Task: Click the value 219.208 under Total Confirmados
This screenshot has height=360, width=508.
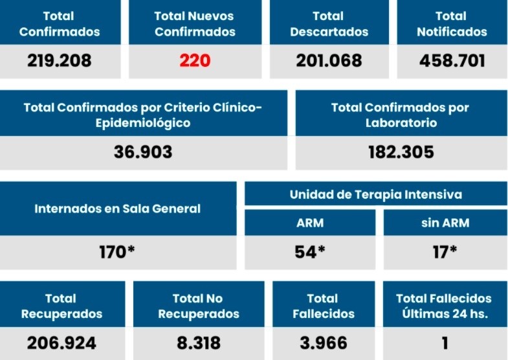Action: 60,61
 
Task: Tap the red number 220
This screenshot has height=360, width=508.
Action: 195,61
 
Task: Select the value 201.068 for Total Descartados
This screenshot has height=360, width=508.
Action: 329,61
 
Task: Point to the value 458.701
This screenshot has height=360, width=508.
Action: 452,61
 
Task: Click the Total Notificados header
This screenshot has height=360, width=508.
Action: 452,23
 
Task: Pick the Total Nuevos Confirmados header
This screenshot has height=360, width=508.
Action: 195,23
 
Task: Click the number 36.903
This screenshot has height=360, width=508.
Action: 143,152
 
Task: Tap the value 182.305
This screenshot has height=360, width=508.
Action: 401,152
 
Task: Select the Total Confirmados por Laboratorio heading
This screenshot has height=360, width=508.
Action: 401,115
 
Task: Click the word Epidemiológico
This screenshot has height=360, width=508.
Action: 143,122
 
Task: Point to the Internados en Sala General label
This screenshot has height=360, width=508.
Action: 117,208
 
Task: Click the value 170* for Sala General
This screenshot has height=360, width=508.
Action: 117,252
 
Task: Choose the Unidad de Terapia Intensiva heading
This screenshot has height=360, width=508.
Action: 375,194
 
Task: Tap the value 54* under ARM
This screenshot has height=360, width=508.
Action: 309,252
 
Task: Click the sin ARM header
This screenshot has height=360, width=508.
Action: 445,223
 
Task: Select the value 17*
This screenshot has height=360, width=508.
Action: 445,252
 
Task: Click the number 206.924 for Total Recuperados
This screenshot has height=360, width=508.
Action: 61,343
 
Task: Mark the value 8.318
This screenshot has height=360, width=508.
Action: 198,343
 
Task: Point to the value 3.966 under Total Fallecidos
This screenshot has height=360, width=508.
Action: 324,343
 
